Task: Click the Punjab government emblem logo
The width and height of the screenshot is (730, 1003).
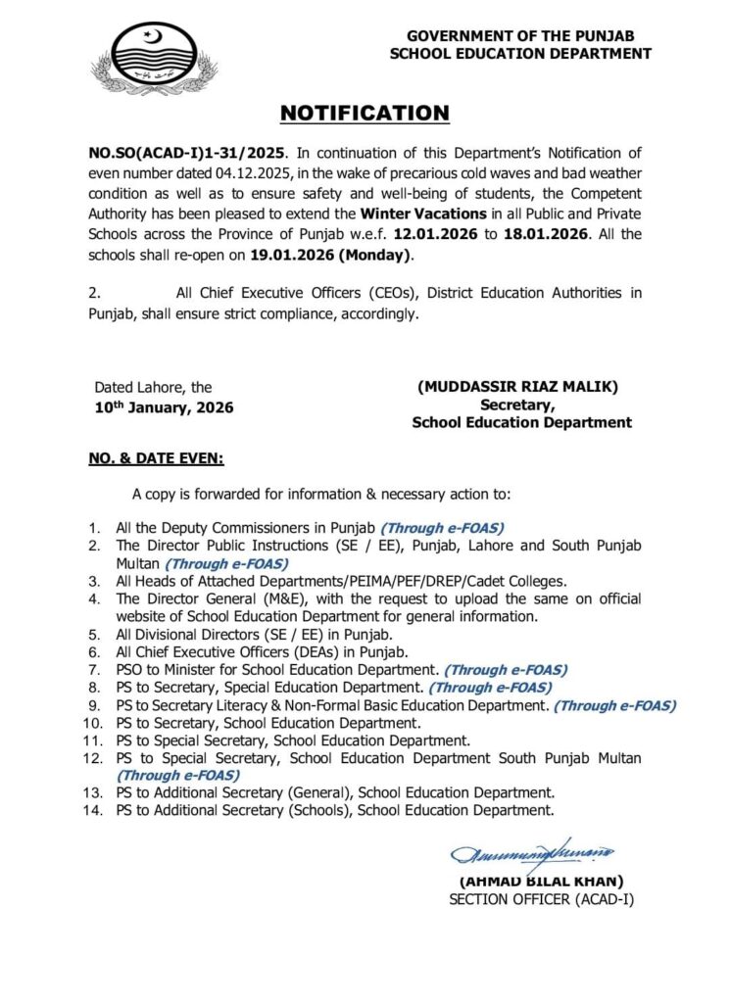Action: [156, 60]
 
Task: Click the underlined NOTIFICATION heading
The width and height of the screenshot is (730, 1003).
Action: [365, 114]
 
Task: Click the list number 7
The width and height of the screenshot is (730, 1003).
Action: [96, 670]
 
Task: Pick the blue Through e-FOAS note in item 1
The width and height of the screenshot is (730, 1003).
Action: [442, 527]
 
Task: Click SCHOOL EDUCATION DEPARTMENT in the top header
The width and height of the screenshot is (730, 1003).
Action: [520, 54]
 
